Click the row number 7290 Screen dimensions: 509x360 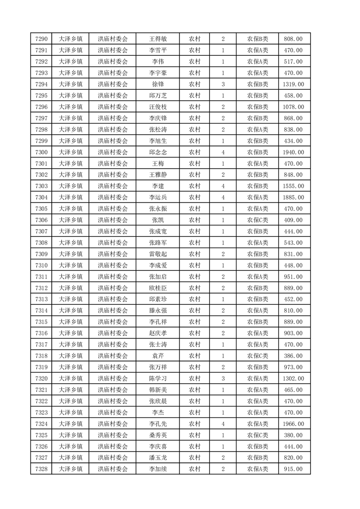coord(41,39)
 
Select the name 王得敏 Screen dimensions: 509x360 coord(158,39)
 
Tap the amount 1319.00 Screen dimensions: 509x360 coord(293,84)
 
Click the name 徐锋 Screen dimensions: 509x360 coord(158,84)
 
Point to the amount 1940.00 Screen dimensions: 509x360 coord(293,152)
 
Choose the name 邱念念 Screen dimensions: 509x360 coord(158,152)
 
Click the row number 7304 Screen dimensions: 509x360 coord(41,197)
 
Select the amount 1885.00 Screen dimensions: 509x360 coord(293,197)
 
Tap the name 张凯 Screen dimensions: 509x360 coord(158,220)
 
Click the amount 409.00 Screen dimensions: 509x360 coord(293,220)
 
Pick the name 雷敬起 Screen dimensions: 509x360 coord(158,254)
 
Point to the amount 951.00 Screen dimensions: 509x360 coord(293,277)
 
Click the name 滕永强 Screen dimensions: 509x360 coord(158,311)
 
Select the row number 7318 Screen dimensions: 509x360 coord(41,356)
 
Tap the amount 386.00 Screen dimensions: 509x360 coord(293,356)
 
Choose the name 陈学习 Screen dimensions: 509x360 coord(158,378)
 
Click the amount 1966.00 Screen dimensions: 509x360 coord(293,424)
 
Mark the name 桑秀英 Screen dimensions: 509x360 coord(158,435)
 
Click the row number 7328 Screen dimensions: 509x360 coord(41,469)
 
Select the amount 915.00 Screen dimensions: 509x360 coord(293,469)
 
